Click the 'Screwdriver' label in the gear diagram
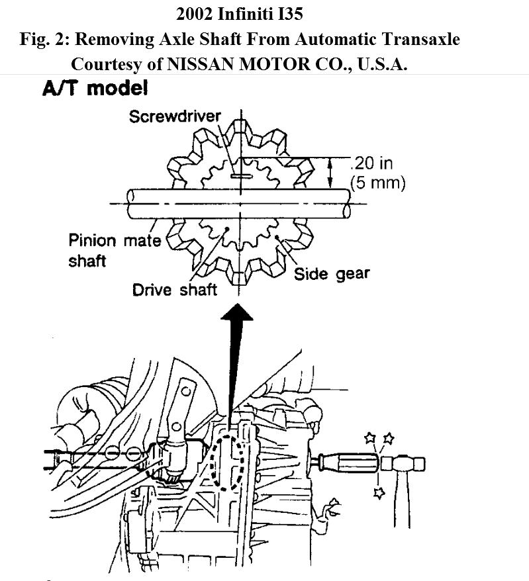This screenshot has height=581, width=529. pos(175,117)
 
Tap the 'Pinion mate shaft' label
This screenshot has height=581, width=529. pos(115,249)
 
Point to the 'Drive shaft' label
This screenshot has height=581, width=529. pos(175,290)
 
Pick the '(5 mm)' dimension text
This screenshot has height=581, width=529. pos(377,182)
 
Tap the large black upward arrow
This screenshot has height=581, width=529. pos(237,351)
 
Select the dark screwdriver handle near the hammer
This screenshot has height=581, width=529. pos(347,461)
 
